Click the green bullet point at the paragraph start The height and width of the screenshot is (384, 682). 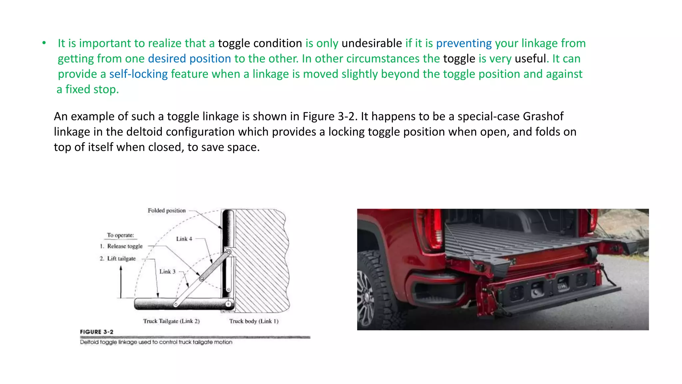pyautogui.click(x=44, y=43)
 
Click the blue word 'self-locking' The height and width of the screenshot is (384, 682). pyautogui.click(x=139, y=74)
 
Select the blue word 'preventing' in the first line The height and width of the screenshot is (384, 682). pyautogui.click(x=464, y=43)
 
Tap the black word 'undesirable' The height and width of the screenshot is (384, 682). pyautogui.click(x=372, y=43)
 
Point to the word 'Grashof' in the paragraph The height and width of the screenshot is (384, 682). pyautogui.click(x=543, y=116)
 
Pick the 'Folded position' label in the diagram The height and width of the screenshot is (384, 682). pyautogui.click(x=167, y=210)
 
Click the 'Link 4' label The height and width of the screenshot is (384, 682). pyautogui.click(x=184, y=239)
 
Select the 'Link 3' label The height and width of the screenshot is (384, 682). pyautogui.click(x=167, y=272)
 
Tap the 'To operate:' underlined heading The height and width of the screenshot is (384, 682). pyautogui.click(x=120, y=235)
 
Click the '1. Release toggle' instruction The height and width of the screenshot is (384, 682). pyautogui.click(x=121, y=246)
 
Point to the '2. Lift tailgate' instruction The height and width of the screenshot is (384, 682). pyautogui.click(x=118, y=258)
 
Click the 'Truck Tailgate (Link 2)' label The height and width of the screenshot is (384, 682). pyautogui.click(x=171, y=321)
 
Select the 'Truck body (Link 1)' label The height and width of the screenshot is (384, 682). pyautogui.click(x=254, y=321)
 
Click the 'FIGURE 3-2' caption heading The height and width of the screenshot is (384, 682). pyautogui.click(x=97, y=332)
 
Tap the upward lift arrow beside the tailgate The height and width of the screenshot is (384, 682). pyautogui.click(x=121, y=282)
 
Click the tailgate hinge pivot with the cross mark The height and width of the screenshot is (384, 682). pyautogui.click(x=228, y=304)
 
